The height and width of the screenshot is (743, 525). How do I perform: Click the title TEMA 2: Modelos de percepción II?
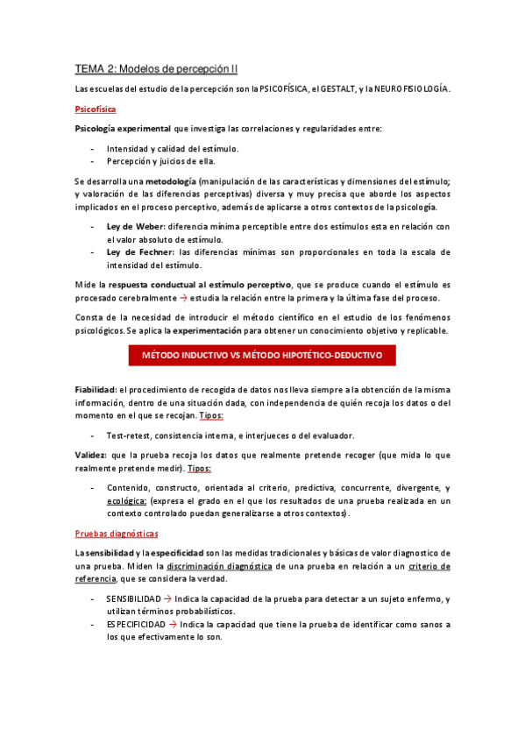[x=156, y=67]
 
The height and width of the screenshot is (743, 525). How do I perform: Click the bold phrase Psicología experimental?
[x=122, y=129]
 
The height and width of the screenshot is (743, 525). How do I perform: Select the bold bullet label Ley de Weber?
[x=134, y=227]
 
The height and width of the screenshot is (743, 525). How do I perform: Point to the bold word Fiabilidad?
[x=96, y=389]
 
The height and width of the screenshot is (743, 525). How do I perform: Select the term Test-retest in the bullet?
[x=130, y=435]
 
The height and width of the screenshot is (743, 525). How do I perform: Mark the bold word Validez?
[x=90, y=456]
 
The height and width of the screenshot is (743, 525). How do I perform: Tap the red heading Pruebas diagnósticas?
[x=116, y=533]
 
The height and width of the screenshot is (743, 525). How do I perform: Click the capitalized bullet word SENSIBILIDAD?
[x=134, y=598]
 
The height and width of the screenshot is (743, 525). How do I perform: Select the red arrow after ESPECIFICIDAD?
[x=172, y=625]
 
